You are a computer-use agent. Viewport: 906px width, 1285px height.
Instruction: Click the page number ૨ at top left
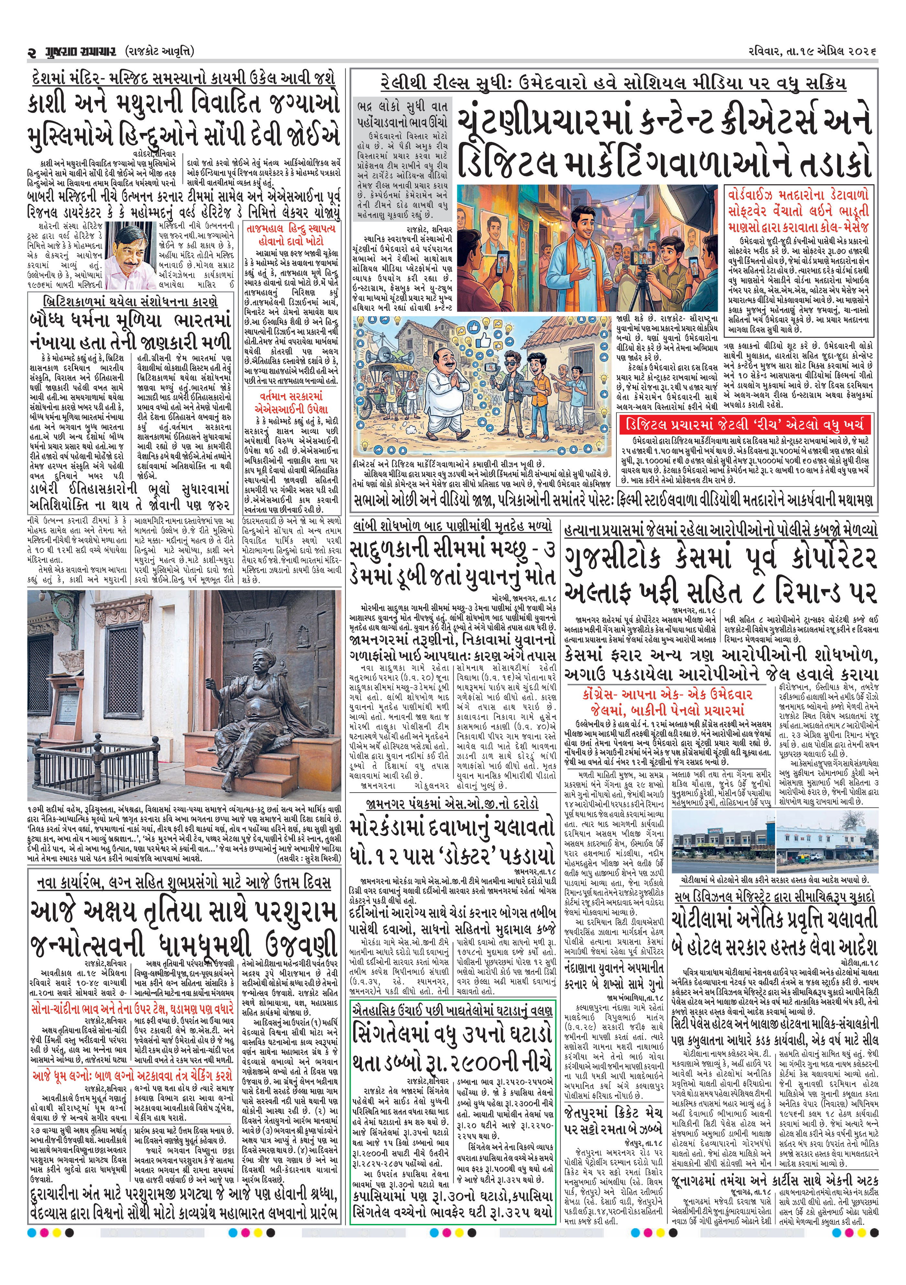32,51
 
